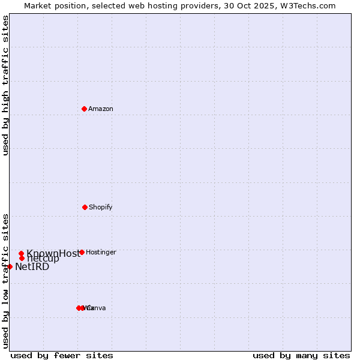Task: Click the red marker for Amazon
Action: click(85, 109)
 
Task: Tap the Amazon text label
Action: click(101, 109)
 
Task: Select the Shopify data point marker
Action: click(85, 207)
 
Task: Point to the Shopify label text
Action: click(101, 208)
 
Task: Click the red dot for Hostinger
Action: click(82, 252)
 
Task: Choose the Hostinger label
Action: click(101, 253)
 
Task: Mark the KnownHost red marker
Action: click(22, 253)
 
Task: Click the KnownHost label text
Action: click(53, 253)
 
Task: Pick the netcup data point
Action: click(22, 259)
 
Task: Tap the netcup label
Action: click(43, 259)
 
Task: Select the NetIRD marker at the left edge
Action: click(10, 266)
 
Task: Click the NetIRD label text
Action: click(32, 267)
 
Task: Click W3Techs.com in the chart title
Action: click(308, 6)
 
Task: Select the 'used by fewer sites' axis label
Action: click(62, 355)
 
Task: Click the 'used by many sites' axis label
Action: click(301, 355)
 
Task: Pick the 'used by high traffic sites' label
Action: click(6, 85)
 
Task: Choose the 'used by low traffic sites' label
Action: click(6, 281)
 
